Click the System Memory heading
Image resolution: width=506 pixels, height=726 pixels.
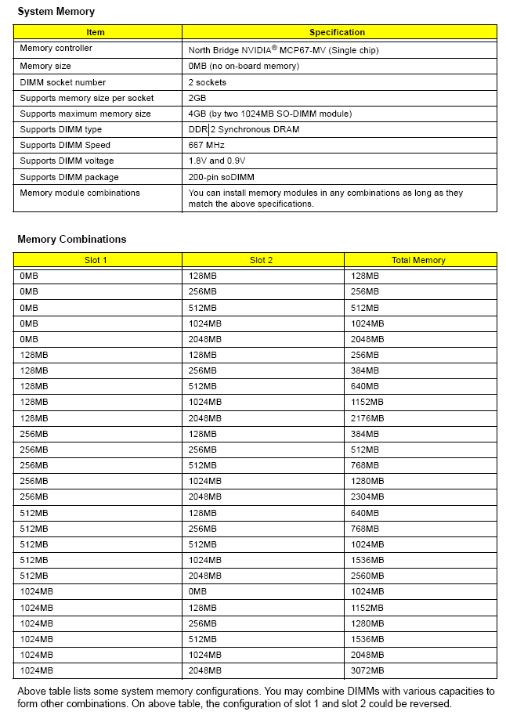pos(56,12)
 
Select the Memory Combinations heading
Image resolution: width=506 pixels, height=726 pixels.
pos(71,240)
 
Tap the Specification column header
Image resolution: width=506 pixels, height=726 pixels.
pos(337,32)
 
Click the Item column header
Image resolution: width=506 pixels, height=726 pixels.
pos(96,32)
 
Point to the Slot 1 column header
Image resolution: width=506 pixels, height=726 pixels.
pos(96,260)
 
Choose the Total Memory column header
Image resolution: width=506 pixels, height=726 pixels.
pos(418,260)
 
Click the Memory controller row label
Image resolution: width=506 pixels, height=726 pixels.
pos(56,49)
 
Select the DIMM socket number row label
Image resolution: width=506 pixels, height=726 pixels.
pos(63,82)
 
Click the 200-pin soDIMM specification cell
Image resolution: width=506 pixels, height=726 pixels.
pos(222,177)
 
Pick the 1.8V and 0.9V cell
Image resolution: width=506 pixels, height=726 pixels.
pos(217,161)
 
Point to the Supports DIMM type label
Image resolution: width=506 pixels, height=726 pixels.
pos(60,129)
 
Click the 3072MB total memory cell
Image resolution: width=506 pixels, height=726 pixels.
pos(367,670)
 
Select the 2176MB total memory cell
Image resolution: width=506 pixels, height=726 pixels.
pos(367,418)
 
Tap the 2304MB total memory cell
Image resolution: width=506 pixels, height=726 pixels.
pos(367,497)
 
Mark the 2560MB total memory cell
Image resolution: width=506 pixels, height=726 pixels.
pos(367,576)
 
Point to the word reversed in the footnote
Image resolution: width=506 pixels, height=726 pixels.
pos(432,704)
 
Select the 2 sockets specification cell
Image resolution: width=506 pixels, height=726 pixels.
pos(208,82)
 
